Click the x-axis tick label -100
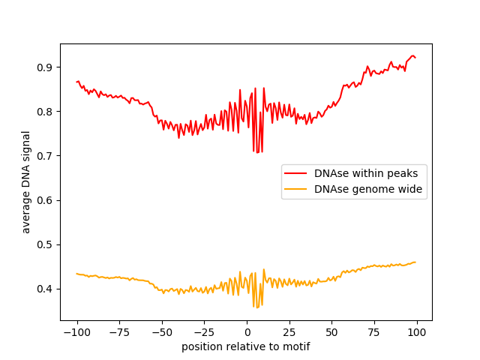tap(76, 332)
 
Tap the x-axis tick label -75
tap(119, 332)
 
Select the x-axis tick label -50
tap(162, 332)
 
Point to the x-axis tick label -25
tap(204, 332)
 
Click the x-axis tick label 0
tap(247, 332)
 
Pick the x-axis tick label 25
tap(289, 332)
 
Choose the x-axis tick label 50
tap(332, 332)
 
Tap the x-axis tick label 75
tap(375, 332)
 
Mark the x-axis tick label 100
tap(417, 332)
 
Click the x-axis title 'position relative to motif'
tap(246, 346)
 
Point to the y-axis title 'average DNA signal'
tap(26, 182)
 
